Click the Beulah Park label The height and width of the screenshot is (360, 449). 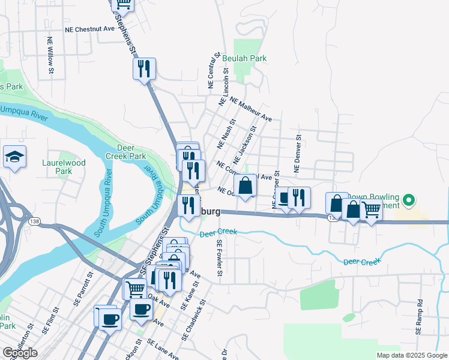[244, 58]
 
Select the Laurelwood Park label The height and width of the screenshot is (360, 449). [64, 167]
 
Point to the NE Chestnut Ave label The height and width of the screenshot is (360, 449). [89, 29]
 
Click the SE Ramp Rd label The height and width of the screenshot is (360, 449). [419, 316]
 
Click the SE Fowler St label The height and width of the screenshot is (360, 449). [220, 258]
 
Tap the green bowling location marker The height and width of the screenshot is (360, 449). [409, 200]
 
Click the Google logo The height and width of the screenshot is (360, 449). [19, 353]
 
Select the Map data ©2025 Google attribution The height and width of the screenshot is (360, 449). [411, 355]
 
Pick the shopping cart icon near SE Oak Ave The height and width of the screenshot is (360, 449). [134, 289]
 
